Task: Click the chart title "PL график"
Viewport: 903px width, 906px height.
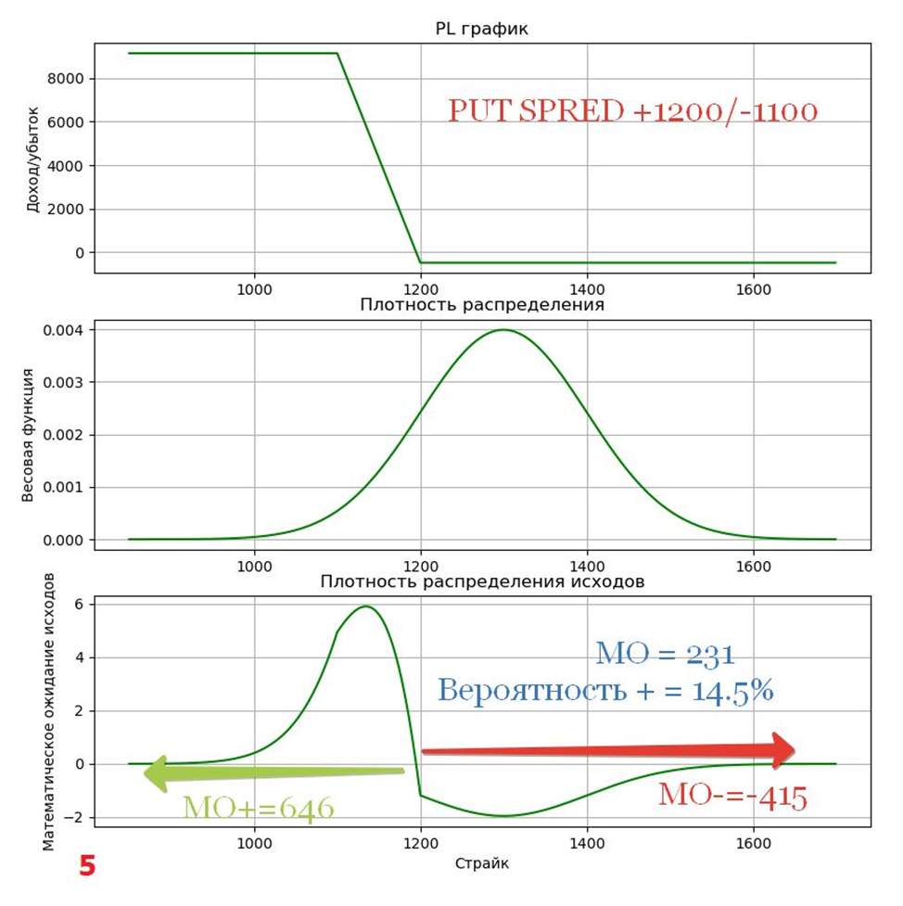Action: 481,30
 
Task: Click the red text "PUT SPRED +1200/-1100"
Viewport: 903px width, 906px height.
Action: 632,112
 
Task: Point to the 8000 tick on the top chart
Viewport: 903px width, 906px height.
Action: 67,79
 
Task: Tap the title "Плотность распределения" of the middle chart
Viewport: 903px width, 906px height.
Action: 482,305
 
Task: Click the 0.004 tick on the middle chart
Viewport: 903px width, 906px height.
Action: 65,330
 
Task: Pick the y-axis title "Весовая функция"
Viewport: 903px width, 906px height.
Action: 29,435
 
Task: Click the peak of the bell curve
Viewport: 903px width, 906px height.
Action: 503,330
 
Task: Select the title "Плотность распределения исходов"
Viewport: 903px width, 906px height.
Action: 482,582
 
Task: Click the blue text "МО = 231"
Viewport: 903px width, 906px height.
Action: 665,654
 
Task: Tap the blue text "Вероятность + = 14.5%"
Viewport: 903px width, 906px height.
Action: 605,691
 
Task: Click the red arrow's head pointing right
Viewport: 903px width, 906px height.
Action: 783,748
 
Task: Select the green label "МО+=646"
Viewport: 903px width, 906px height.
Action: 258,808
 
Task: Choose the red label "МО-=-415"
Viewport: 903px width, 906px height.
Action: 732,796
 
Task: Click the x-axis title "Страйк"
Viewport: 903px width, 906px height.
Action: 481,863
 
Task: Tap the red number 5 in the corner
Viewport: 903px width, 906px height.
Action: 87,866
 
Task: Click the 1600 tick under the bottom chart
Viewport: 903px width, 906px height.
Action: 753,844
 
